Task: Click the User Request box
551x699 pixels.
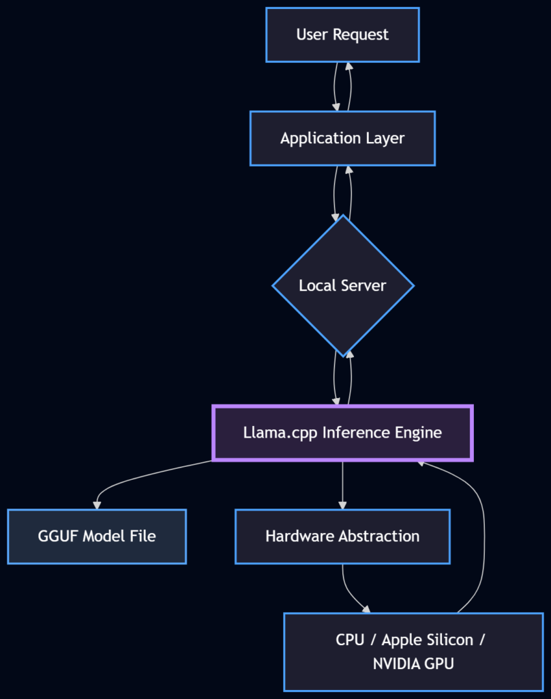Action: [x=342, y=35]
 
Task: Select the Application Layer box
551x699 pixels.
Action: [x=342, y=139]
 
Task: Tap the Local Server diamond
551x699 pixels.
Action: [x=342, y=285]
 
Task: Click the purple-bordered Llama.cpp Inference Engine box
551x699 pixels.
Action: [x=342, y=433]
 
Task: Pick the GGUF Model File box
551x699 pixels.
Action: [x=97, y=537]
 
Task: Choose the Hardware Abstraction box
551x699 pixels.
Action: [x=342, y=537]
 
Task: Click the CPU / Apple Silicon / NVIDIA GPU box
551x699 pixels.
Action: [x=413, y=651]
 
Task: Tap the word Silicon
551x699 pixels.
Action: [x=447, y=640]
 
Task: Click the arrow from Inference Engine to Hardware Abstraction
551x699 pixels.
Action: [x=342, y=485]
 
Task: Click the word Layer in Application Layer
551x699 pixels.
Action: [x=387, y=139]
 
